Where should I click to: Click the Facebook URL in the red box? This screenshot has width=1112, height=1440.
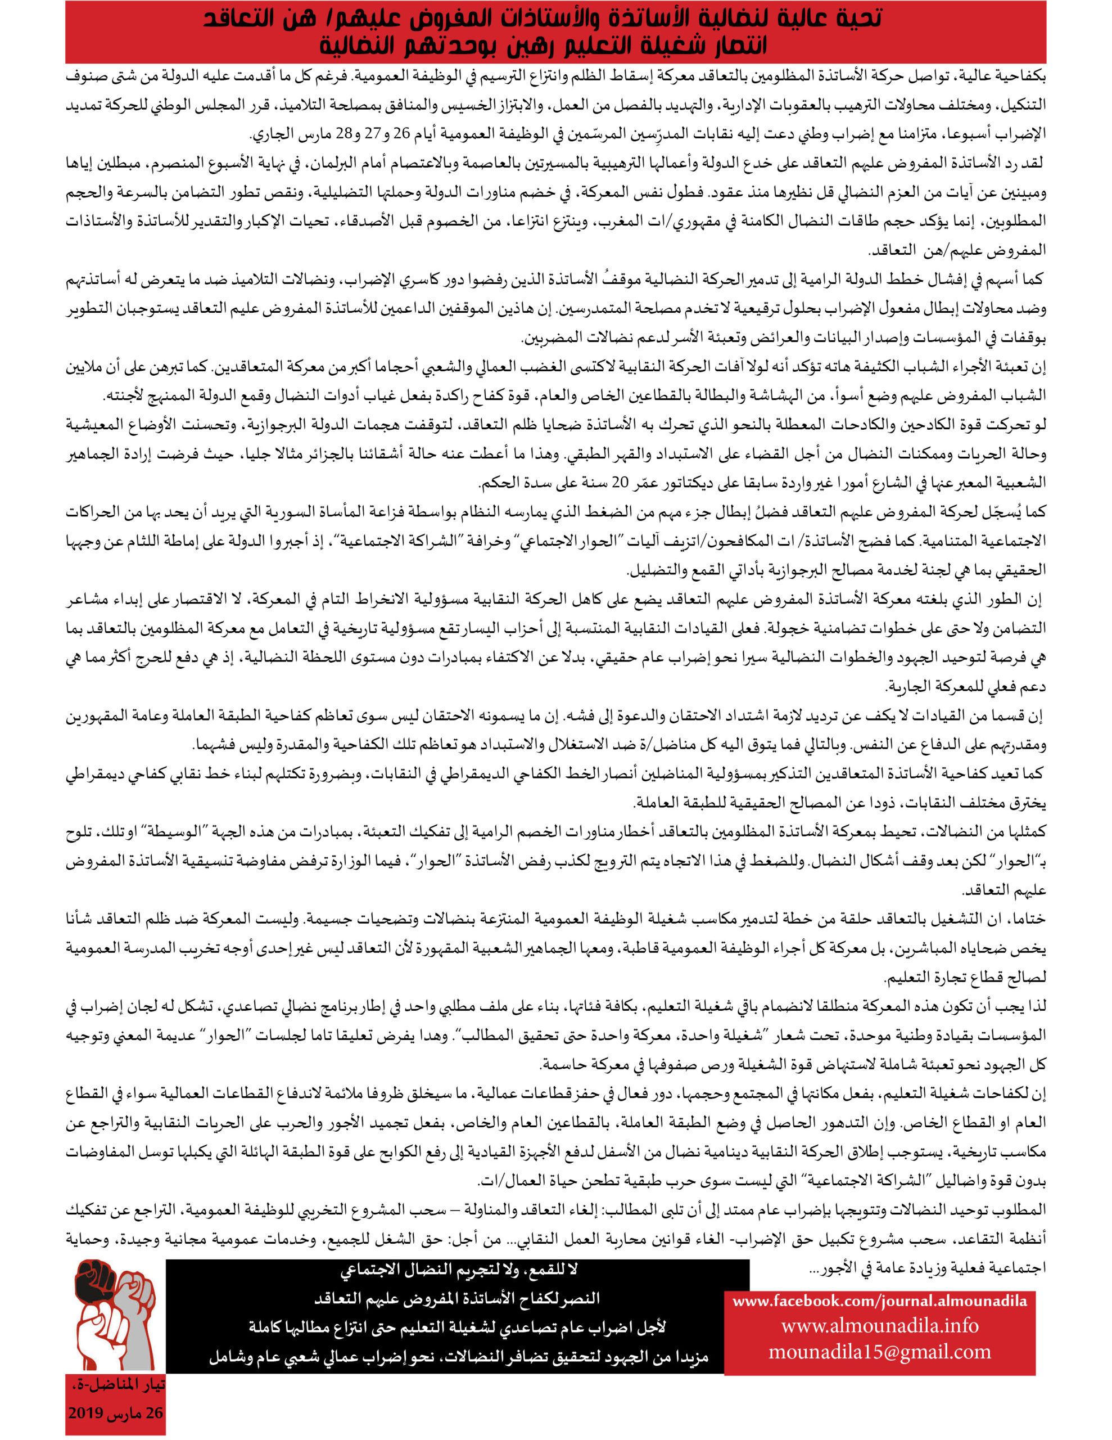click(x=879, y=1301)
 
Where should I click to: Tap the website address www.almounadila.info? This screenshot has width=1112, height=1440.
click(x=879, y=1325)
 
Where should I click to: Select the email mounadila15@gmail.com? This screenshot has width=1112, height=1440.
click(x=879, y=1352)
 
